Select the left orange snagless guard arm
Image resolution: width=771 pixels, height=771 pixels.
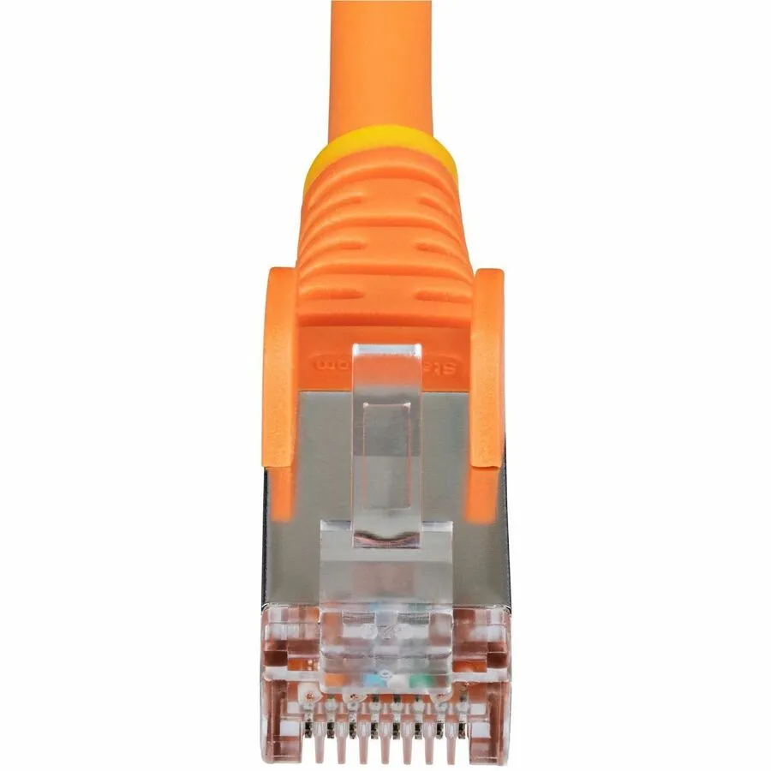[279, 368]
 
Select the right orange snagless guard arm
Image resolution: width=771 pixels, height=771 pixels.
[487, 368]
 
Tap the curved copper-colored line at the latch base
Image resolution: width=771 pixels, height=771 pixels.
[387, 540]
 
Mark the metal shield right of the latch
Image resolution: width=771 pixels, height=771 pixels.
[454, 480]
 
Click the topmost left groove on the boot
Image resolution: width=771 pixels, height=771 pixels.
[338, 202]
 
